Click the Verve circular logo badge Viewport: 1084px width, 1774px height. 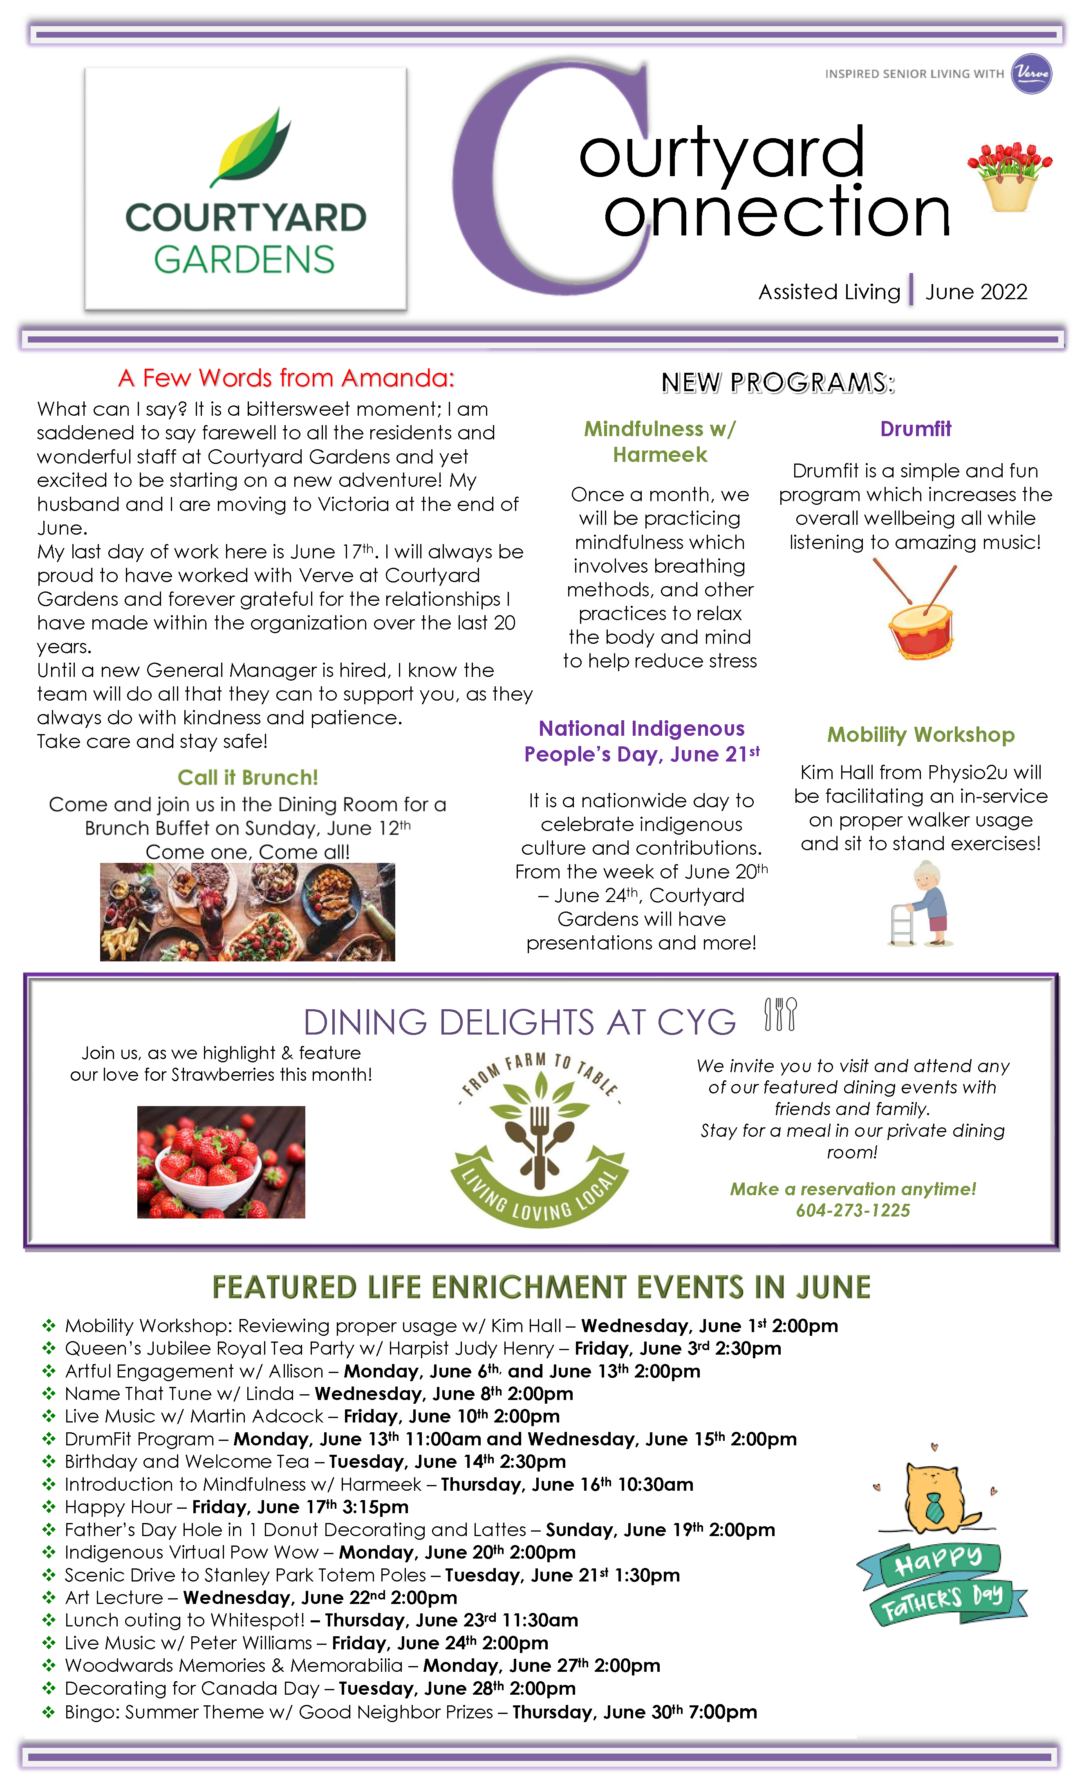(x=1031, y=74)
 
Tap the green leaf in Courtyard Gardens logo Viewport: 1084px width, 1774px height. (x=251, y=148)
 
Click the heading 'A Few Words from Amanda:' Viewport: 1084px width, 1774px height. (x=287, y=378)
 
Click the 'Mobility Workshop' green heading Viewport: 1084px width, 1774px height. (x=921, y=735)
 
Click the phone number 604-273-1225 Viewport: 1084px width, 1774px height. (x=853, y=1210)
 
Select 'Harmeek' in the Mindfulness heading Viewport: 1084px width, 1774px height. (x=660, y=455)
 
